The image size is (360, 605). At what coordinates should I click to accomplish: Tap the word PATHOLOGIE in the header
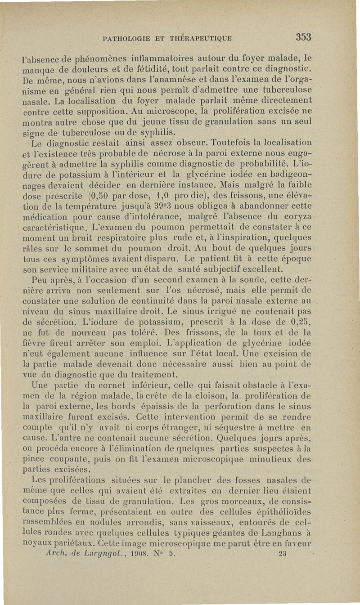tap(126, 39)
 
